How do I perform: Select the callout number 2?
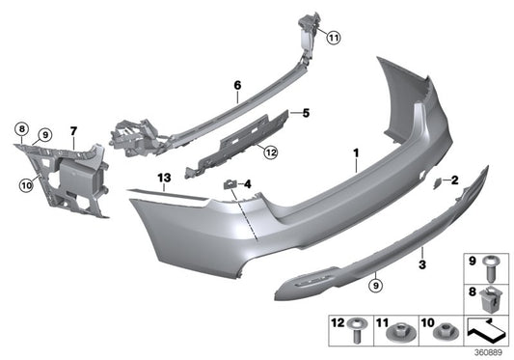coord(455,179)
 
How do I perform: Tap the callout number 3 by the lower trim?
coord(422,263)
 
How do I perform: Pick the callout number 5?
coord(305,114)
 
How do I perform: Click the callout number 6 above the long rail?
coord(236,86)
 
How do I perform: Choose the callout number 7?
coord(72,128)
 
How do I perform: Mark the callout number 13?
coord(165,179)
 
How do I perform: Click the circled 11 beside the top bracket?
coord(334,39)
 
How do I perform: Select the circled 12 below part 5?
coord(271,151)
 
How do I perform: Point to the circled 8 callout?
coord(20,128)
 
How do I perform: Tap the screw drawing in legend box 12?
coord(357,332)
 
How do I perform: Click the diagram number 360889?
coord(493,352)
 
